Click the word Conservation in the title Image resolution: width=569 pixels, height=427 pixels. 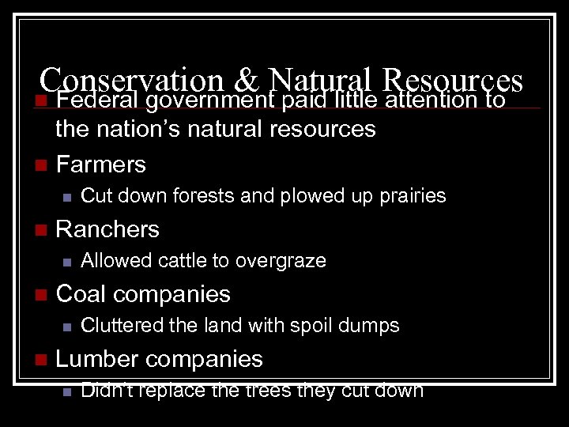131,79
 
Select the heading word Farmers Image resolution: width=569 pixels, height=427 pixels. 101,164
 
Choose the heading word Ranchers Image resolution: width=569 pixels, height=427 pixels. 107,229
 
